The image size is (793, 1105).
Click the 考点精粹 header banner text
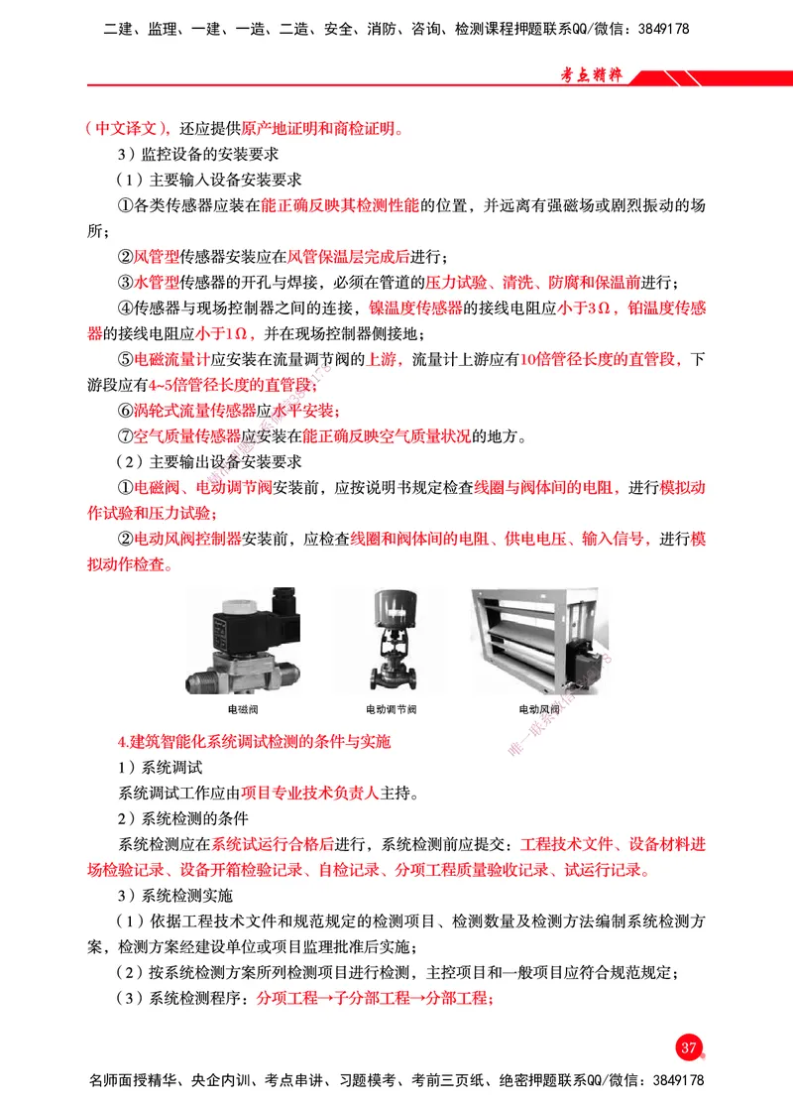tap(591, 75)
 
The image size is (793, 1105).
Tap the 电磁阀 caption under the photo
tap(243, 710)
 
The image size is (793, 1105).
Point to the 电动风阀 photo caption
tap(539, 710)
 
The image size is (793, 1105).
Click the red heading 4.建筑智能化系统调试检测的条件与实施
tap(254, 741)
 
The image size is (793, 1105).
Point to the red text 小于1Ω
tap(226, 333)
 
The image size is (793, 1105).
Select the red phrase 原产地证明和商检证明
tap(320, 128)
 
